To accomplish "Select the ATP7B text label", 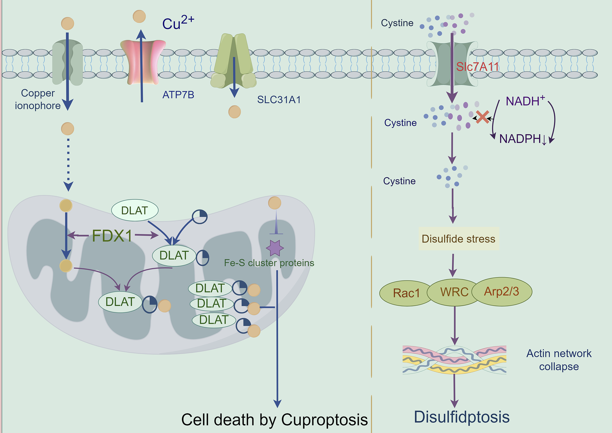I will point(178,95).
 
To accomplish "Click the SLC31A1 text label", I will point(279,100).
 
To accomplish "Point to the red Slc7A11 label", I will point(477,67).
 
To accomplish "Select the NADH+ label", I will point(525,101).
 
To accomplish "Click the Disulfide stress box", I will point(459,239).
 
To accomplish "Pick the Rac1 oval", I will point(406,293).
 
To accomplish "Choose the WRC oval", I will point(454,292).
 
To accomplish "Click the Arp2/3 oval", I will point(502,292).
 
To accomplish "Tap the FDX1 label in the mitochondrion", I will point(112,236).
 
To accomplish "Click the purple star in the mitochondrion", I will point(275,248).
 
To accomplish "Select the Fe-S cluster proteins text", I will point(269,263).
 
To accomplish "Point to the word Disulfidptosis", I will point(461,417).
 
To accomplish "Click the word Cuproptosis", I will point(324,420).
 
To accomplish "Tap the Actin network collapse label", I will point(559,360).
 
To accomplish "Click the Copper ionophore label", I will point(38,99).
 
